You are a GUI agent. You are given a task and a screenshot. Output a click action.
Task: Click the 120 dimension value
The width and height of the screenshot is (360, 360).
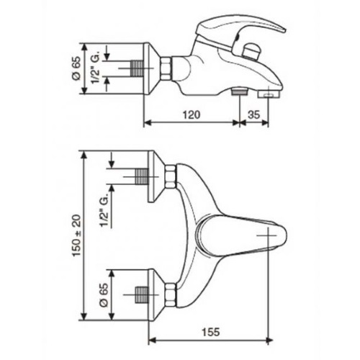click(x=192, y=114)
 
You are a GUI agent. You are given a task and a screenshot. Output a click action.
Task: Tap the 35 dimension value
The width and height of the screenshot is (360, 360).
click(x=253, y=114)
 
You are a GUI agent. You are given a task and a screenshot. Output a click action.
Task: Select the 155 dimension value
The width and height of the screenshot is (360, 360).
click(x=210, y=332)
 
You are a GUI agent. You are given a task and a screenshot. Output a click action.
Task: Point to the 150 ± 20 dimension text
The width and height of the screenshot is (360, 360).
click(x=77, y=235)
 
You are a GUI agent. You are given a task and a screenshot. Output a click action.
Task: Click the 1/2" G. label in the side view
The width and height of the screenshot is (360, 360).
click(x=95, y=68)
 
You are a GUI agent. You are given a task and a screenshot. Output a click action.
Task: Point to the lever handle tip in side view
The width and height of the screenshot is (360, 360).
click(x=284, y=30)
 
